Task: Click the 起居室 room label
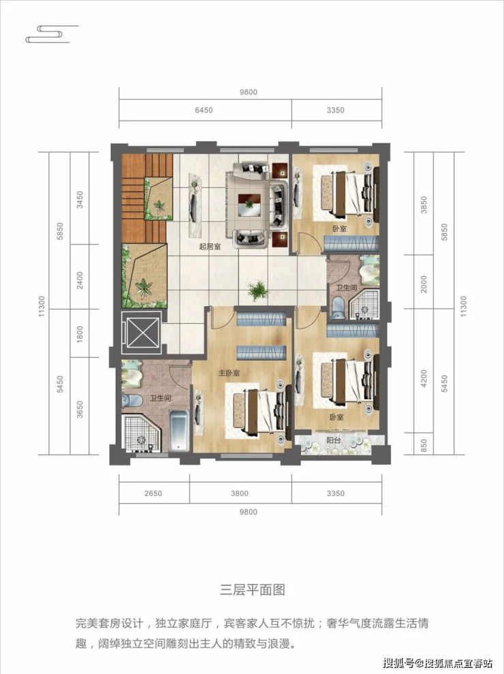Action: click(x=210, y=247)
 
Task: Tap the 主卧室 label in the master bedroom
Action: click(x=229, y=373)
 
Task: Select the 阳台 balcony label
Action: click(x=333, y=440)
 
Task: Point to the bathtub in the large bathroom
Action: click(x=178, y=431)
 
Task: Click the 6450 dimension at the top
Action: click(x=204, y=110)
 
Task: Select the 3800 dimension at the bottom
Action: click(x=239, y=493)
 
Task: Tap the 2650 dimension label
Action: click(x=153, y=493)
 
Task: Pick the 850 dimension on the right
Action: click(x=424, y=444)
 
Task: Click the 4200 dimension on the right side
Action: click(x=424, y=379)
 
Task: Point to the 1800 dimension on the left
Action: click(x=80, y=334)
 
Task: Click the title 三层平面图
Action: click(x=252, y=589)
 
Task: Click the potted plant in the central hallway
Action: click(x=258, y=291)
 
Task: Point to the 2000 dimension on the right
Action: click(x=424, y=284)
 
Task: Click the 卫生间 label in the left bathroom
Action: click(x=160, y=399)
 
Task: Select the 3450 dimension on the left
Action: click(x=80, y=200)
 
